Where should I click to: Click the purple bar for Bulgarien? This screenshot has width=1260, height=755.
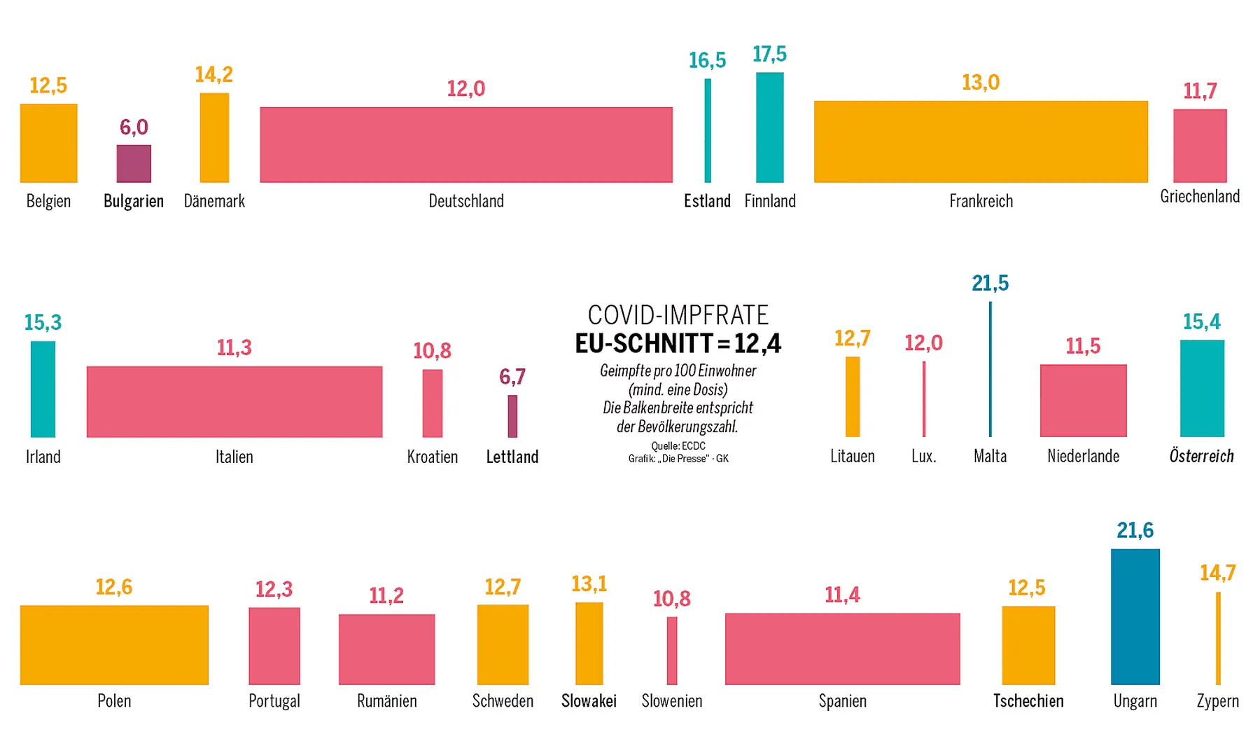coord(134,163)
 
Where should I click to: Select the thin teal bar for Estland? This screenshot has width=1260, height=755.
coord(708,130)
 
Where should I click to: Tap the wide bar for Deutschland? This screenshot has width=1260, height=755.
coord(466,144)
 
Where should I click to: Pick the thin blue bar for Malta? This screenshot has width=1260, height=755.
coord(990,369)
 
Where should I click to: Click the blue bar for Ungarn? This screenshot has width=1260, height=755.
coord(1135,616)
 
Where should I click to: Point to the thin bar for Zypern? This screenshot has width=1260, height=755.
coord(1218,638)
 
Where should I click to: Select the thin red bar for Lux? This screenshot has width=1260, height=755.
coord(924,399)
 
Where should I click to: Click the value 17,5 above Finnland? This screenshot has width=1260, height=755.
coord(769,54)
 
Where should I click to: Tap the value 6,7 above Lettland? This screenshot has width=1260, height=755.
coord(512,377)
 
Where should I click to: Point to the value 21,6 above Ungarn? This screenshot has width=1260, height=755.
coord(1135,530)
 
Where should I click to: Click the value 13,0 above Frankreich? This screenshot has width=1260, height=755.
coord(981,83)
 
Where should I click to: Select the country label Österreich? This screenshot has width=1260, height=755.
coord(1201,456)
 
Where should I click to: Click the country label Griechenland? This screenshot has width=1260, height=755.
coord(1200,196)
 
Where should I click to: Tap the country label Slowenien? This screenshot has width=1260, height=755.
coord(672,700)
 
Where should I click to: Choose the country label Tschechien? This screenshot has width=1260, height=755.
coord(1028,700)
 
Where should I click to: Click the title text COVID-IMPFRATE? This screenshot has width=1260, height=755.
coord(678,315)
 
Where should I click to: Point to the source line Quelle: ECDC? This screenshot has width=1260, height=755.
coord(678,445)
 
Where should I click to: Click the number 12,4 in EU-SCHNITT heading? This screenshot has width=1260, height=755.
coord(757,343)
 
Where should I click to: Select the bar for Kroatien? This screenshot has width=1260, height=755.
coord(433,403)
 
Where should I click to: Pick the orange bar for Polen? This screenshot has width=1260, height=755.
coord(114,644)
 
